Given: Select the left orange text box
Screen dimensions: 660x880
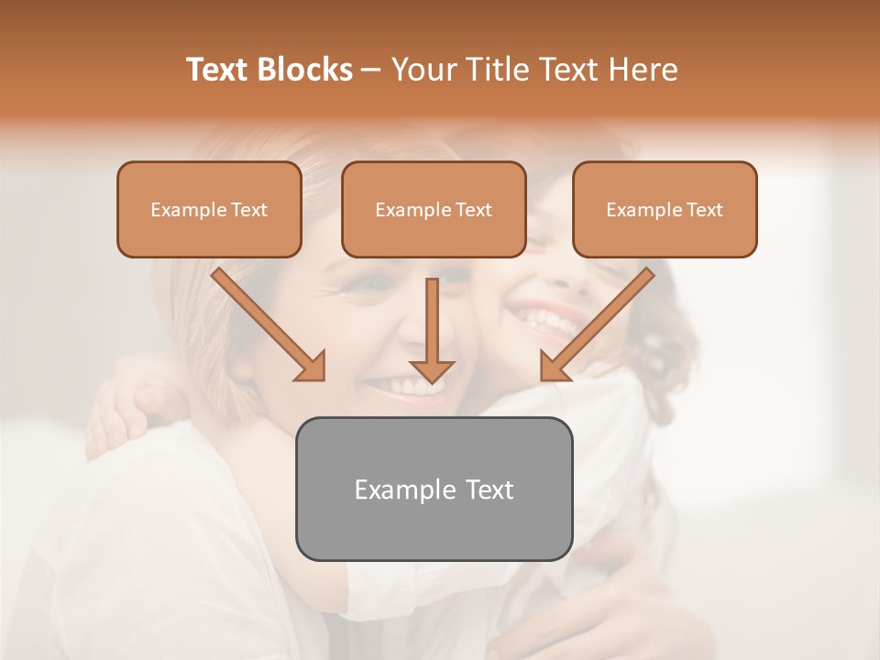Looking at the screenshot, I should (209, 210).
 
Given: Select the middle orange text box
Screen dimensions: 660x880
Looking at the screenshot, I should (434, 210).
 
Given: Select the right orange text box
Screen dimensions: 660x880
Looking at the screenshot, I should (665, 210).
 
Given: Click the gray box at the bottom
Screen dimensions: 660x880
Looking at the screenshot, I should (434, 489).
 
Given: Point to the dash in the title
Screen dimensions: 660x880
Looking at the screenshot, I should (371, 71).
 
